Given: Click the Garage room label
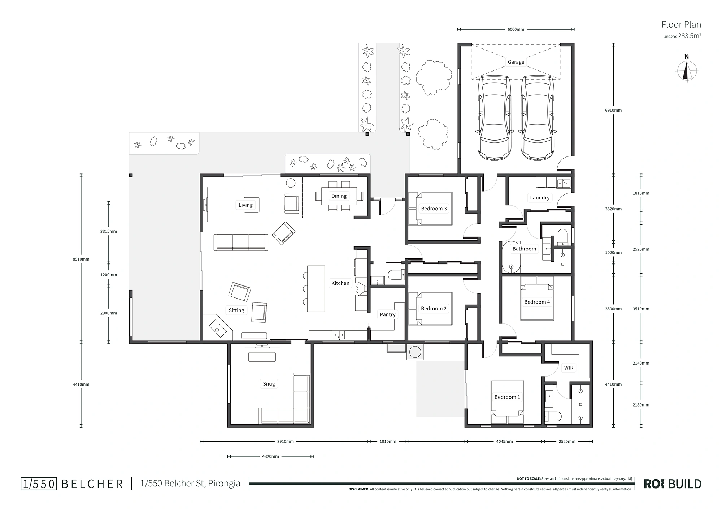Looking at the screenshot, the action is click(x=516, y=62).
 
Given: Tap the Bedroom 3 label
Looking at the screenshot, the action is click(x=434, y=209).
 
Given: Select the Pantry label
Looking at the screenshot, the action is click(x=387, y=314).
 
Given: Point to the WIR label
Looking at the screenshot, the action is click(x=569, y=368).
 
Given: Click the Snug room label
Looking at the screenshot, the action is click(x=269, y=384).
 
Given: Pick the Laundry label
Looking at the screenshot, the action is click(x=540, y=198).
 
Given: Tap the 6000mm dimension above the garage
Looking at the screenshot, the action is click(x=516, y=29).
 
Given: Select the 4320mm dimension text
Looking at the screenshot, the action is click(x=270, y=456).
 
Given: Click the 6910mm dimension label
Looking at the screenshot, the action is click(x=613, y=110).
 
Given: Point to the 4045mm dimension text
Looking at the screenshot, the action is click(x=504, y=441).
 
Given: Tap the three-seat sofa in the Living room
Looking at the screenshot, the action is click(x=241, y=242).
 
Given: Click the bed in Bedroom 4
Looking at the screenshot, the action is click(x=537, y=299).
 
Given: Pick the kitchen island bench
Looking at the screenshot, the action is click(x=316, y=289).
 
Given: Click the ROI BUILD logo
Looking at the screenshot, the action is click(x=673, y=484).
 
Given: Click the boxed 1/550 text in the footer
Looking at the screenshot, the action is click(x=39, y=484).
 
